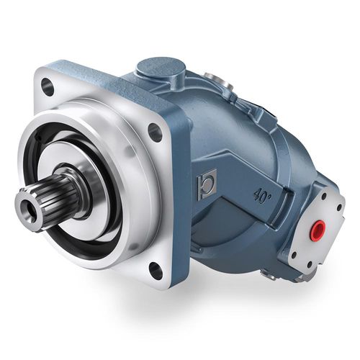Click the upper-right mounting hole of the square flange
[154, 132]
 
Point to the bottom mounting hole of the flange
[155, 269]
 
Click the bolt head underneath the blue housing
[270, 274]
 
